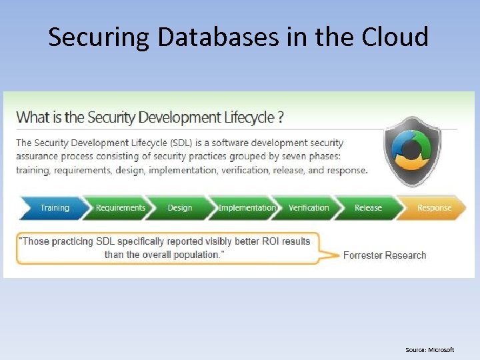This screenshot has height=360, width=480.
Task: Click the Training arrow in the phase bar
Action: click(53, 208)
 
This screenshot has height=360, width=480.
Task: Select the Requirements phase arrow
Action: click(119, 208)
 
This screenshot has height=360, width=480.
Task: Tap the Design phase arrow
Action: click(179, 208)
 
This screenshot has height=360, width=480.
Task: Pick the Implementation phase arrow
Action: click(246, 208)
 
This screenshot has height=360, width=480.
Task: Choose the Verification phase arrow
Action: click(308, 208)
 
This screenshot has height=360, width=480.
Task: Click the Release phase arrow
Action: click(368, 208)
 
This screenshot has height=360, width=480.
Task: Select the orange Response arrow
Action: click(433, 208)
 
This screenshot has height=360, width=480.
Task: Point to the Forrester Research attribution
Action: click(384, 255)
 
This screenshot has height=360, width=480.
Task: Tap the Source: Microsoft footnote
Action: click(429, 350)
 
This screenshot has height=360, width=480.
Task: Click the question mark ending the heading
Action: click(281, 117)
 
